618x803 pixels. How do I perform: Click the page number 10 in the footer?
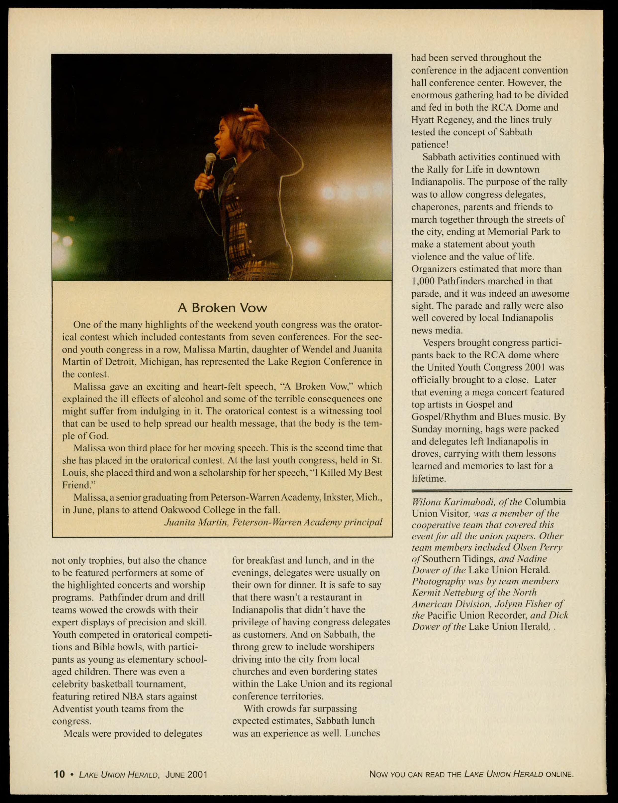click(59, 774)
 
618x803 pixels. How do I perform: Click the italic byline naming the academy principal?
click(273, 522)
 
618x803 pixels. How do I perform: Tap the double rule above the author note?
click(491, 491)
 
